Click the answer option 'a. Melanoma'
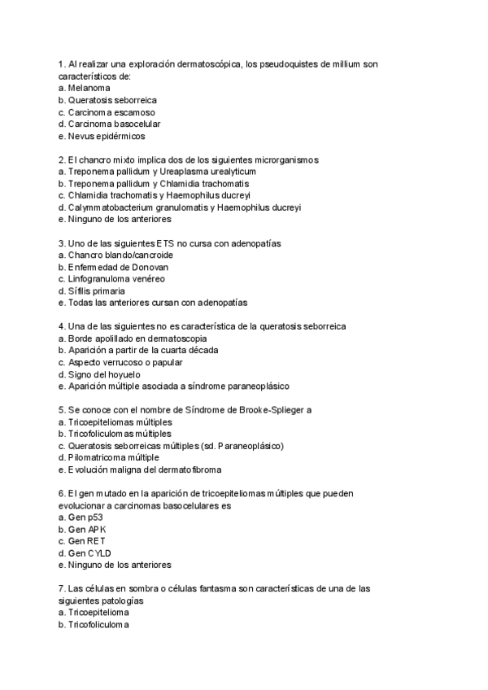click(85, 87)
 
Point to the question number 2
click(62, 159)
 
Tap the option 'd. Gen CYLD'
click(85, 552)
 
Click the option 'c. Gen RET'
click(82, 540)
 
